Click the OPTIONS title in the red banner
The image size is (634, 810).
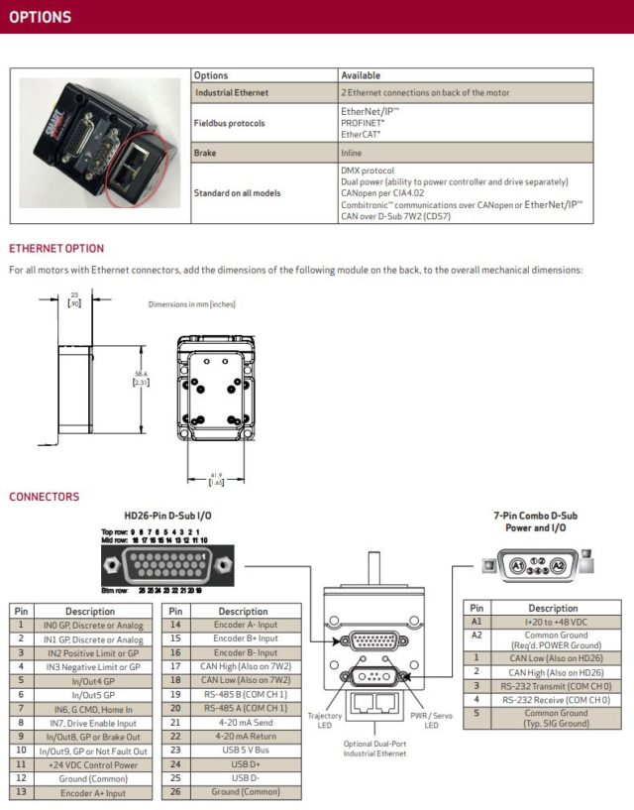(x=41, y=17)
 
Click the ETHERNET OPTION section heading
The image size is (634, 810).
(x=56, y=248)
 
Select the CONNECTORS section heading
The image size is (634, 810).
(x=45, y=497)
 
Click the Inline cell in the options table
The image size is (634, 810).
(x=352, y=153)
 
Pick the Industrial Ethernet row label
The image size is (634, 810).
(x=231, y=93)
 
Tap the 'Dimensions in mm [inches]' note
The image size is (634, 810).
(x=192, y=304)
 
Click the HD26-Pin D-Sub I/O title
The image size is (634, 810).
(x=167, y=516)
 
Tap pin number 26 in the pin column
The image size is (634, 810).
(x=174, y=792)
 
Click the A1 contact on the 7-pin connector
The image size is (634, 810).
(x=516, y=566)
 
